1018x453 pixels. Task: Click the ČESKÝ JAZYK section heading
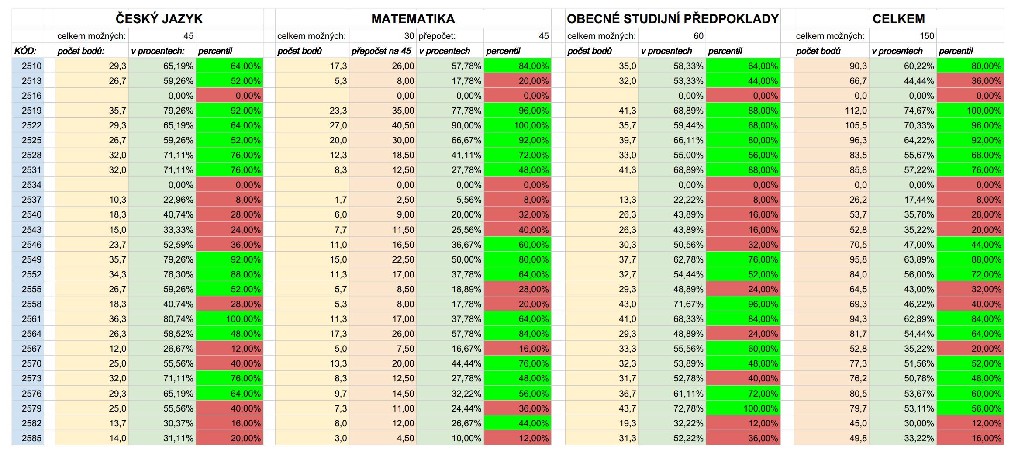click(159, 19)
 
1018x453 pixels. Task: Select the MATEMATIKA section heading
click(413, 19)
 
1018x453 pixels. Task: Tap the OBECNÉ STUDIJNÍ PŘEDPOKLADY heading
click(673, 19)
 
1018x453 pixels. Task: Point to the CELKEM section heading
click(899, 19)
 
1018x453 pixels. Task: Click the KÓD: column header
click(25, 51)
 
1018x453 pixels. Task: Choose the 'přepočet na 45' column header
click(381, 51)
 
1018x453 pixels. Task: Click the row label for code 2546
click(32, 245)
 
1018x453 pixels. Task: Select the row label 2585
click(32, 438)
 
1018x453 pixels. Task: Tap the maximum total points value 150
click(927, 36)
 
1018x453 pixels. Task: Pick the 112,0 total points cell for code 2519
click(856, 111)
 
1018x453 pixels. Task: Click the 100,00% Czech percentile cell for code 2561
click(243, 319)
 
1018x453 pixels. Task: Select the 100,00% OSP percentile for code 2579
click(760, 408)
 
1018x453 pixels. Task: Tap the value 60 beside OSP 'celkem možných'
click(699, 36)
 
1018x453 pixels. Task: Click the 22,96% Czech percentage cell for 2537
click(179, 200)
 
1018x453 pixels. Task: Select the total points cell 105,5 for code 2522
click(856, 125)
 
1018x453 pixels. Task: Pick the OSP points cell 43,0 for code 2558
click(628, 304)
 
